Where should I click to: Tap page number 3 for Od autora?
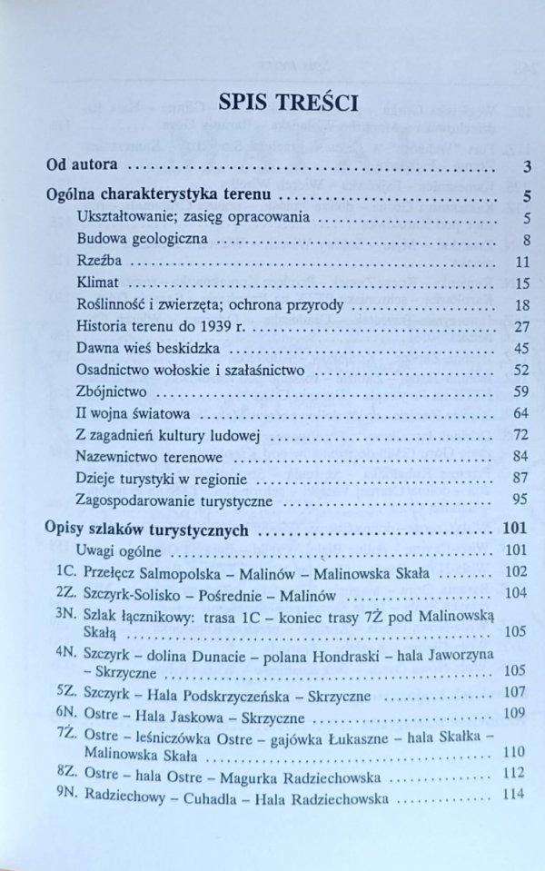pos(527,166)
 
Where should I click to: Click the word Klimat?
pos(97,283)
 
